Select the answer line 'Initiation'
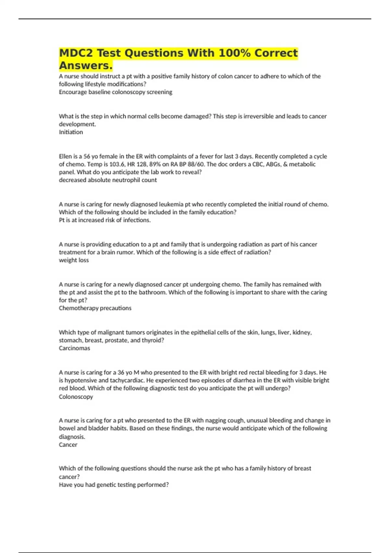tap(71, 132)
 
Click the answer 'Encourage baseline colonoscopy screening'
tap(115, 92)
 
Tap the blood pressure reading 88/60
tap(194, 164)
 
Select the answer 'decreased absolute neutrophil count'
tap(108, 180)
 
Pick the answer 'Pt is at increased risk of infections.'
tap(105, 220)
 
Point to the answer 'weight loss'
tap(74, 260)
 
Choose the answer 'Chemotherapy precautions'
tap(95, 308)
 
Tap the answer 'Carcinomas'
tap(74, 348)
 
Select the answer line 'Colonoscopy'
tap(76, 397)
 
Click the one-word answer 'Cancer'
tap(68, 445)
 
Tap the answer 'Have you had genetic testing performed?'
tap(114, 485)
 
